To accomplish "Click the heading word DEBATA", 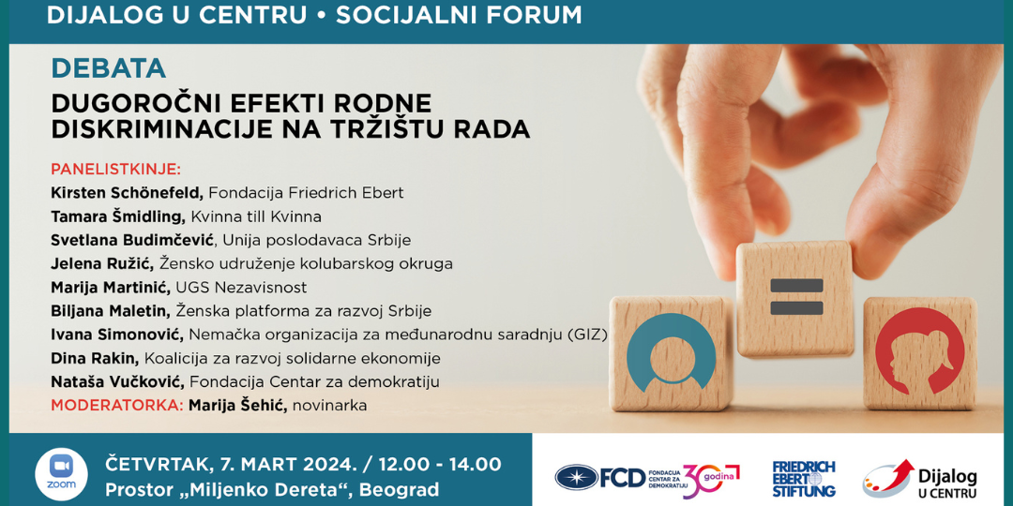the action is click(109, 68).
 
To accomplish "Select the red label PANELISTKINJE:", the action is click(116, 170).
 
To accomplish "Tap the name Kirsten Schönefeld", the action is click(128, 193).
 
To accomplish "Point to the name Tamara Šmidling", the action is click(119, 216).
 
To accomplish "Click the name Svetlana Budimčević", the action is click(136, 240).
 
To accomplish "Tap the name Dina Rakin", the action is click(95, 358).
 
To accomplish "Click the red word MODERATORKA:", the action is click(116, 406).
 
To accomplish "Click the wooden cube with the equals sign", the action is click(794, 299).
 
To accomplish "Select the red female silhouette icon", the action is click(919, 351).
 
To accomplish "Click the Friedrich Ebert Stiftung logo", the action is click(804, 478).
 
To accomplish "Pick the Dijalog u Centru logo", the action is click(920, 478).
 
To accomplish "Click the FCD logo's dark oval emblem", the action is click(576, 477).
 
